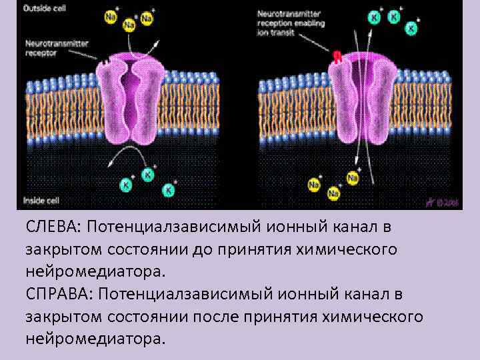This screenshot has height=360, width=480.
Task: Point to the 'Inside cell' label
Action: (42, 199)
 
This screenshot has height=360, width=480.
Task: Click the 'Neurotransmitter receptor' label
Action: (57, 48)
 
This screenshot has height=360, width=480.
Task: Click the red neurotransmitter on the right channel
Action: (338, 57)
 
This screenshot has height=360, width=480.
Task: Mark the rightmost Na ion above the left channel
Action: (146, 19)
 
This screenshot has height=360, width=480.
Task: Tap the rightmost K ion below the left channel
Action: (169, 191)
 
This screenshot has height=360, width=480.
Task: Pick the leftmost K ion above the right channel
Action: (375, 17)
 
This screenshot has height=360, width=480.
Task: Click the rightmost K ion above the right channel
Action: (412, 29)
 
